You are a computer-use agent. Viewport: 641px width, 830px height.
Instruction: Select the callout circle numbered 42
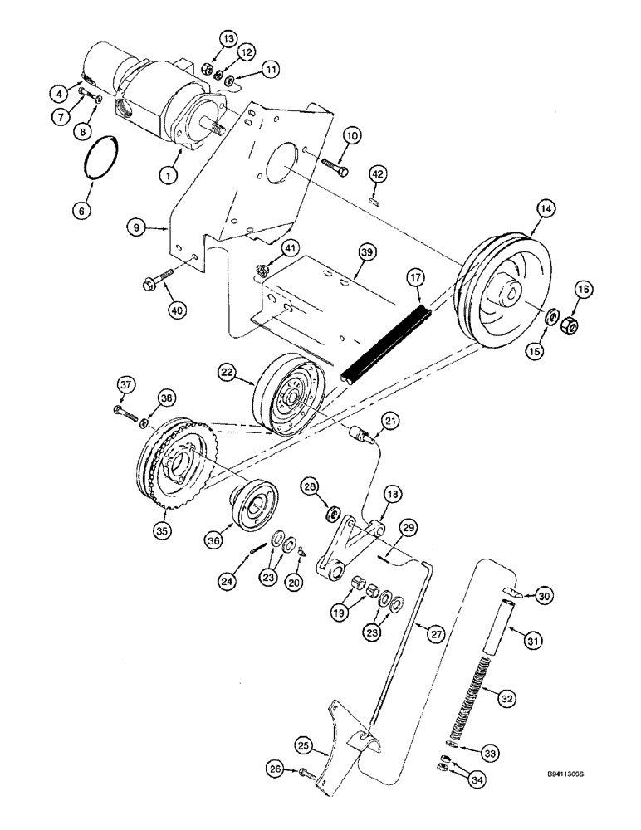click(x=379, y=173)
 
